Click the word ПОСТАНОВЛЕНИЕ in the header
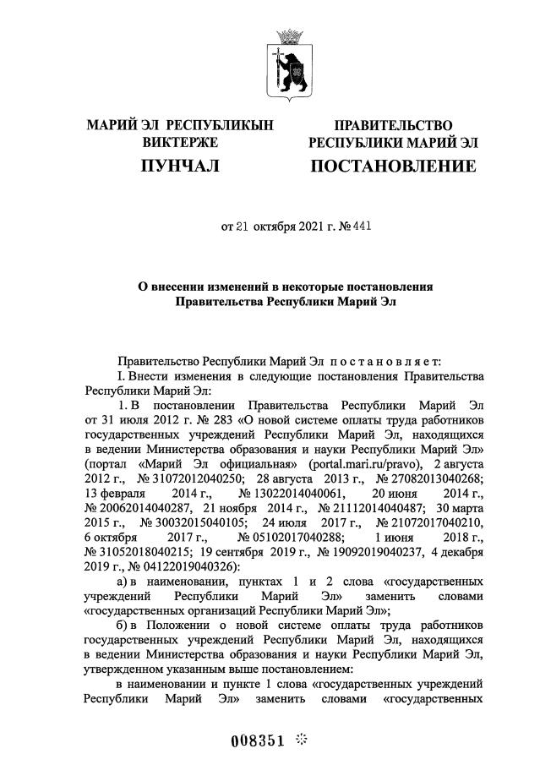click(x=393, y=167)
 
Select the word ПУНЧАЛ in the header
click(x=180, y=167)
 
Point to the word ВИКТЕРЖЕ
click(x=180, y=143)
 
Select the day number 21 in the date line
click(x=243, y=227)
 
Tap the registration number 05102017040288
click(x=293, y=538)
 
